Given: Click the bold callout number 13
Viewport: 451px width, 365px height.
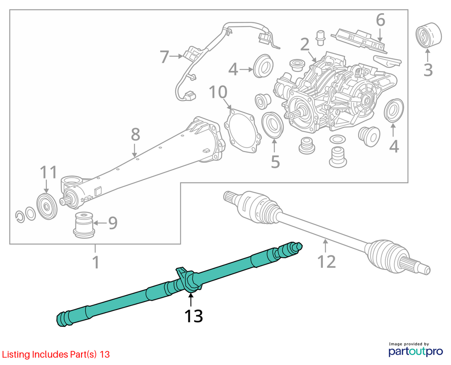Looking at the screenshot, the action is click(x=194, y=316).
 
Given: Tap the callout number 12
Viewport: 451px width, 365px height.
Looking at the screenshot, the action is click(x=326, y=262).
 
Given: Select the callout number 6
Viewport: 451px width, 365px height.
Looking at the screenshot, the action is click(x=381, y=20).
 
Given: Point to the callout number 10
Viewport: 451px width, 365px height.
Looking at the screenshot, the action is click(x=218, y=92).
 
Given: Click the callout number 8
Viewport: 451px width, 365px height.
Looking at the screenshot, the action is click(x=136, y=134).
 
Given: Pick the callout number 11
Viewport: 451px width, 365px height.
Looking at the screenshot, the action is click(x=48, y=172).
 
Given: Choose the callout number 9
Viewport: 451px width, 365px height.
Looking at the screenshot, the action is click(x=113, y=223).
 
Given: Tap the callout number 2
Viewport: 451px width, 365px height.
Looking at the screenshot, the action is click(x=305, y=44).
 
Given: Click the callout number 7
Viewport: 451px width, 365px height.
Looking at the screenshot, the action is click(x=164, y=57).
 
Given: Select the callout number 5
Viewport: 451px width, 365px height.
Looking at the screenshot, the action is click(x=275, y=162).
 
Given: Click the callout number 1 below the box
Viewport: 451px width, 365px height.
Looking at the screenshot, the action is click(x=96, y=262).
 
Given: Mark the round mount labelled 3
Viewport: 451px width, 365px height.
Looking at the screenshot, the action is click(x=429, y=35).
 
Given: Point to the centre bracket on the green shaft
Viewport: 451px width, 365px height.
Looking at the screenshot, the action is click(x=187, y=280).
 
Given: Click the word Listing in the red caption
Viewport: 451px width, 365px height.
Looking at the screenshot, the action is click(x=16, y=354).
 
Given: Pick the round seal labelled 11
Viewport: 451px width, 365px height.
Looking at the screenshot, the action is click(x=47, y=207).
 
